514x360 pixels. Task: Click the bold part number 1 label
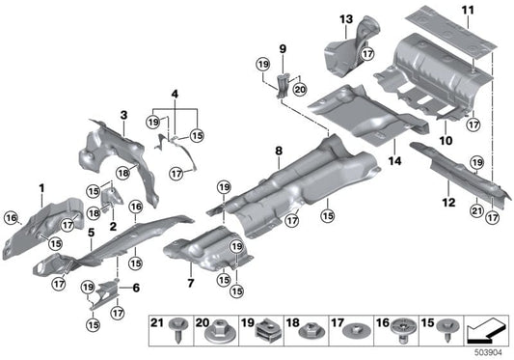tap(41, 185)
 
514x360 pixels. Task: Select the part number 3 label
tap(123, 115)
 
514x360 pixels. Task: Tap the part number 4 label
tap(175, 94)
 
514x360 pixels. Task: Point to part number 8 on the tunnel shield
tap(278, 151)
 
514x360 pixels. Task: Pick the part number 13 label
tap(346, 18)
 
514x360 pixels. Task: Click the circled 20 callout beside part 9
tap(298, 90)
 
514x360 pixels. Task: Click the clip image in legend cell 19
tap(267, 333)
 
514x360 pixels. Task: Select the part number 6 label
tap(135, 288)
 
